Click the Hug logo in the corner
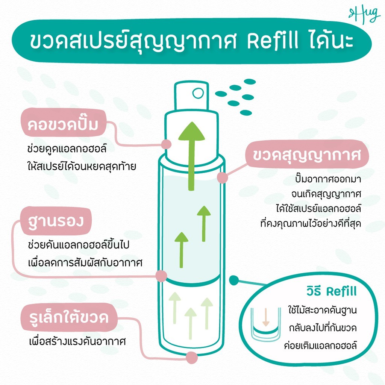(365, 15)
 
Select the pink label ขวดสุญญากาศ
(307, 155)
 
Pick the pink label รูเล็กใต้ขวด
(69, 317)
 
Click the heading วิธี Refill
(331, 291)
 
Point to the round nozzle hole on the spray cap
(198, 93)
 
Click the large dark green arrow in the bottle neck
(191, 156)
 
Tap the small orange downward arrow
(265, 317)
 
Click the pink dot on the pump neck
(166, 144)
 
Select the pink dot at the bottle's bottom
(191, 358)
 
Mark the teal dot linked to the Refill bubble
(234, 280)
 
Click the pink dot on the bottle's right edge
(223, 177)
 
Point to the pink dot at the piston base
(161, 276)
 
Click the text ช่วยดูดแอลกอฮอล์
(67, 149)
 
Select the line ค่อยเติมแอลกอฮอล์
(320, 345)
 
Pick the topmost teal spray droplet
(250, 82)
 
